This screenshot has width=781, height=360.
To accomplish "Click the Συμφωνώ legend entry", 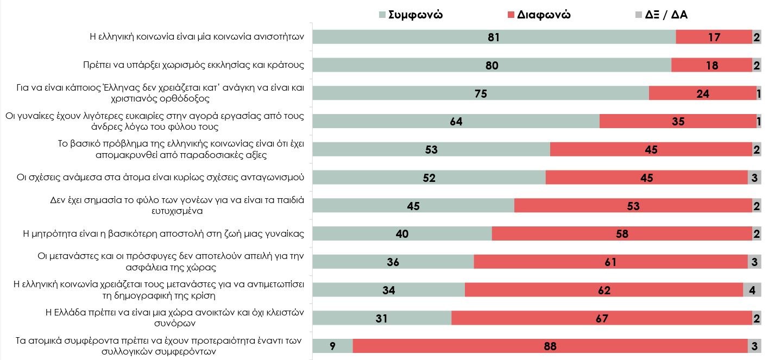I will click(x=411, y=15).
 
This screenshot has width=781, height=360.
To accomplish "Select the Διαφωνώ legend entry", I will click(x=538, y=15).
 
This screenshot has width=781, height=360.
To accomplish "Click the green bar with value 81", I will click(x=494, y=37).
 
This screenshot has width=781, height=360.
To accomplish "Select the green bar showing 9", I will click(x=333, y=346).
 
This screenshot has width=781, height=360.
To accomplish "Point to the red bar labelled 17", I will click(x=714, y=37).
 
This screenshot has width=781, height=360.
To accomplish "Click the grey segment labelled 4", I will click(x=752, y=290).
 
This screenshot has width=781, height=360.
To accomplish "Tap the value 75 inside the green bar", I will click(x=481, y=93).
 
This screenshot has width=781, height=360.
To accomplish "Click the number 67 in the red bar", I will click(x=602, y=318).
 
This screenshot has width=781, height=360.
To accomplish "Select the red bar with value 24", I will click(x=703, y=93).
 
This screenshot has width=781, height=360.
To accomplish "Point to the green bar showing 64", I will click(x=456, y=122).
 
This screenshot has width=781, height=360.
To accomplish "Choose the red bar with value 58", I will click(x=622, y=233).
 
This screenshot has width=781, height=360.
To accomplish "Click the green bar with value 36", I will click(x=393, y=262).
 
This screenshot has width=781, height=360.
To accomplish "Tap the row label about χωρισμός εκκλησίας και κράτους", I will click(x=190, y=65).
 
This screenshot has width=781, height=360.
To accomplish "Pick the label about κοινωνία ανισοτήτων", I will click(x=197, y=37).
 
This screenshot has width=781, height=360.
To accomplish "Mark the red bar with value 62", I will click(x=604, y=290).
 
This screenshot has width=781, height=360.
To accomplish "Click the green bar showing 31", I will click(x=382, y=318).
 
